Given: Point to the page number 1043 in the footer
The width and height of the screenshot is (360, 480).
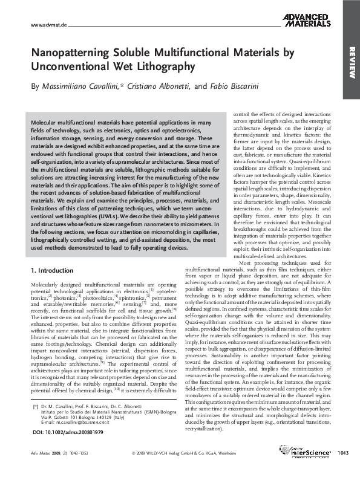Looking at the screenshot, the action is [344, 469].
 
